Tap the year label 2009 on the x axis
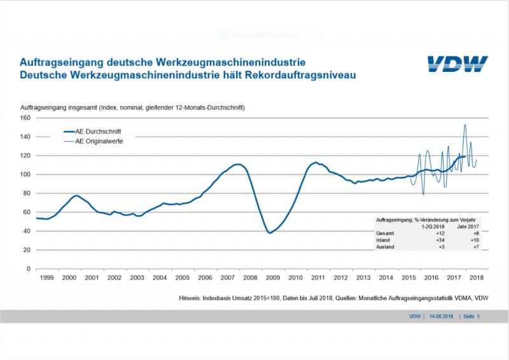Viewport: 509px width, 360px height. tap(273, 278)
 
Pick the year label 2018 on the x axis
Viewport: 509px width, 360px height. tap(477, 278)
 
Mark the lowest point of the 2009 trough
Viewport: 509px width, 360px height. tap(270, 233)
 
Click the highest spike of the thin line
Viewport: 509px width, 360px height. tap(465, 125)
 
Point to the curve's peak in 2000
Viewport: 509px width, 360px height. tap(76, 195)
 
